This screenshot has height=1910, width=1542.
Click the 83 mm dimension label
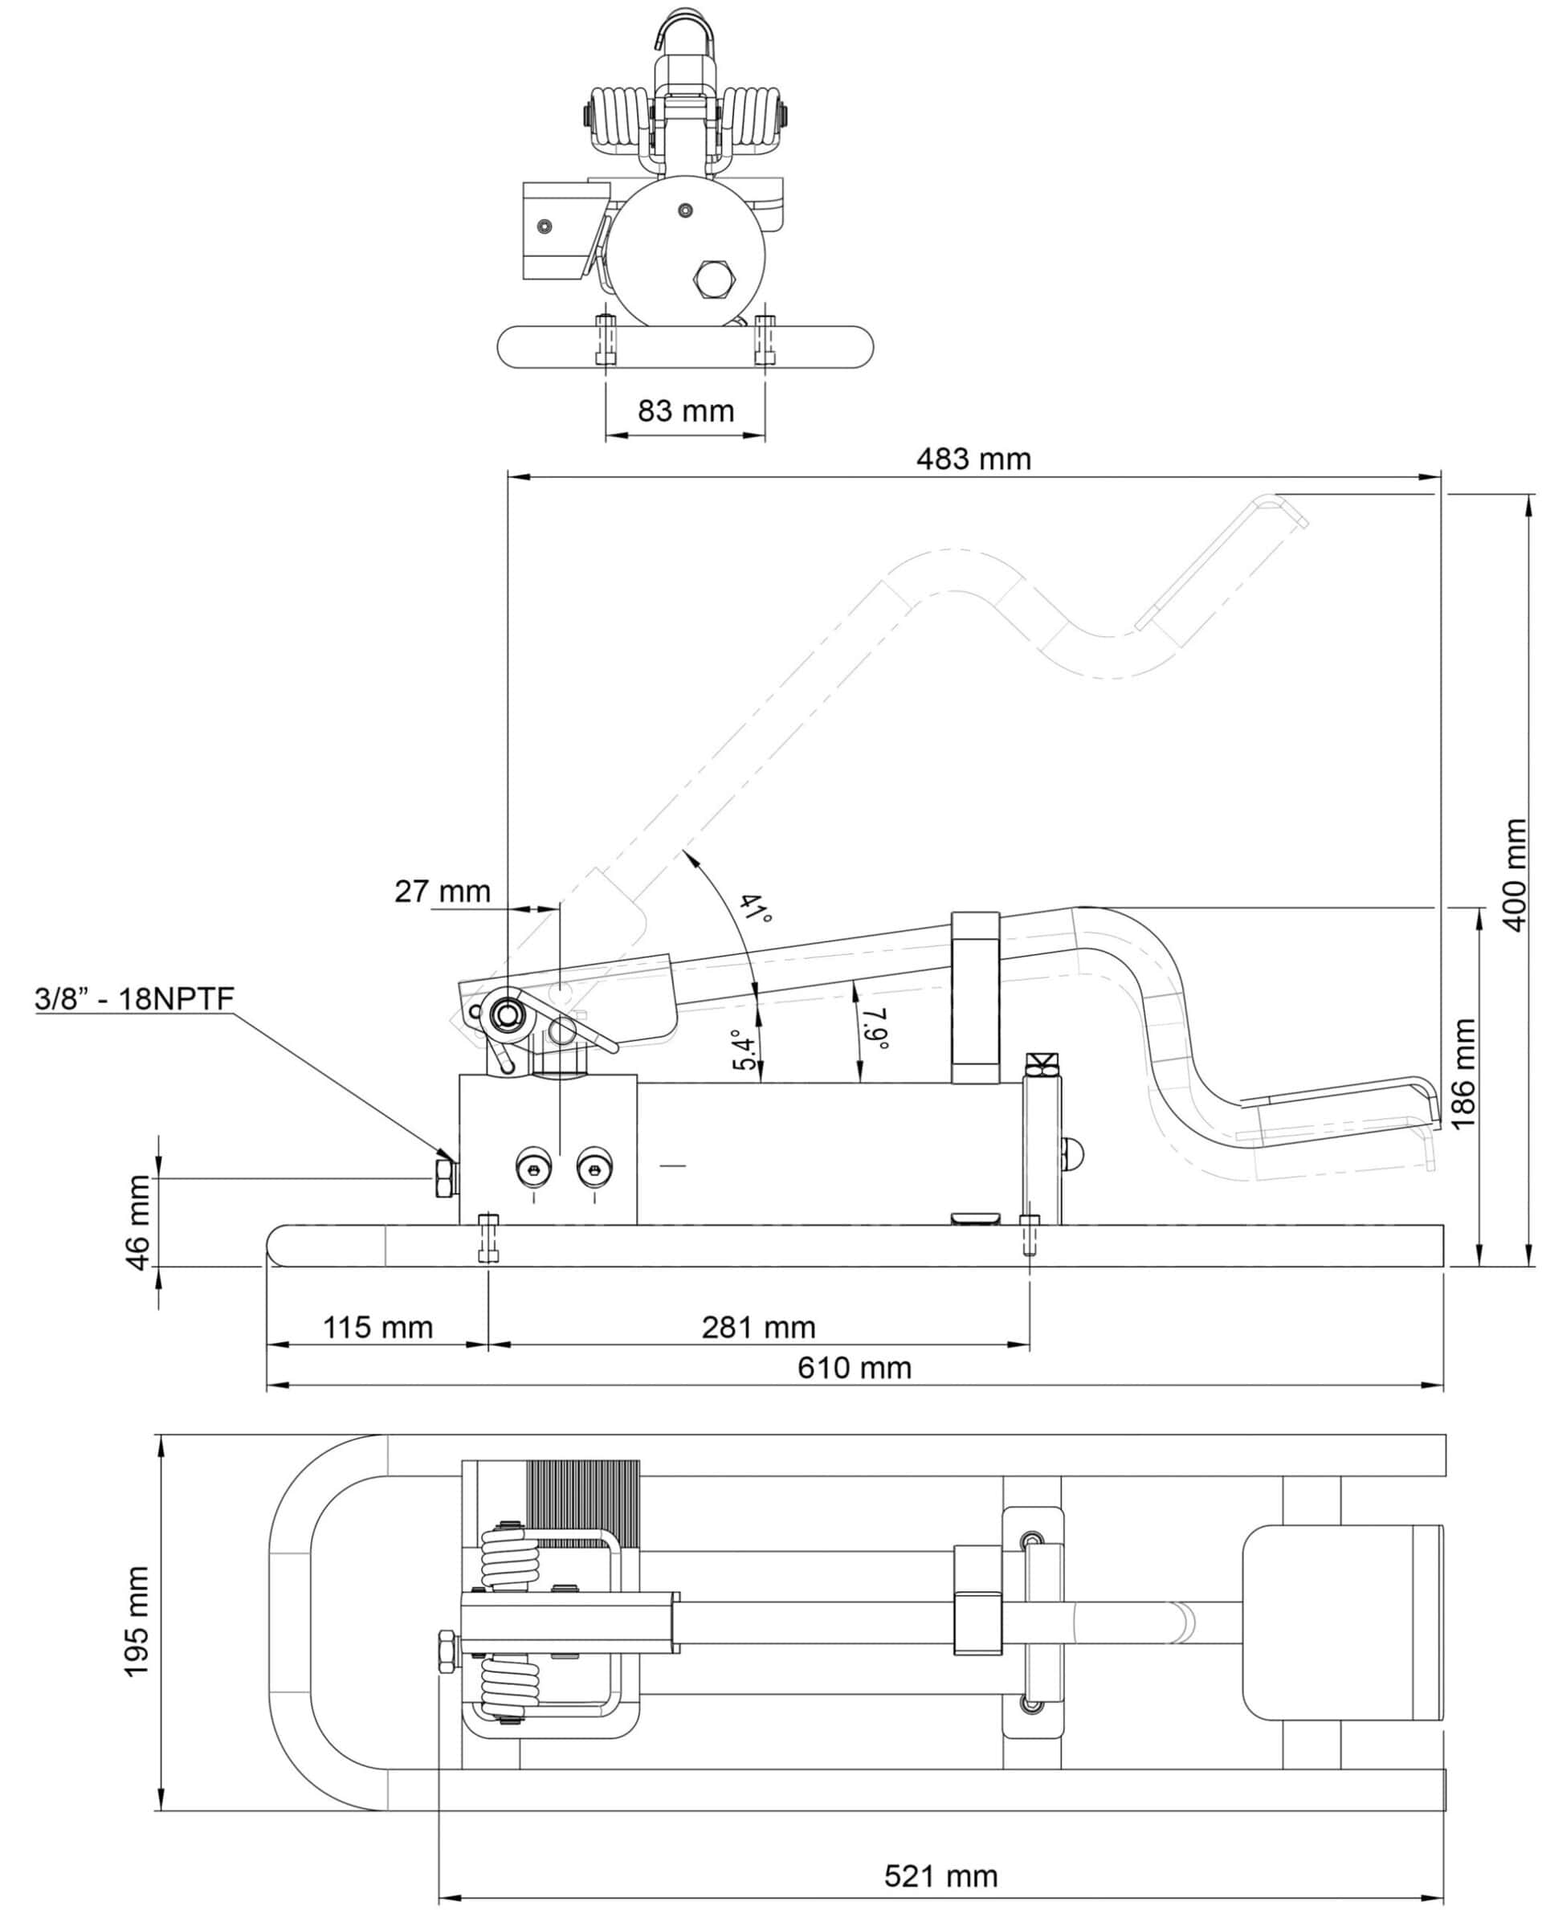tap(686, 411)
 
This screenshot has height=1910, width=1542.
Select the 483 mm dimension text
tap(973, 459)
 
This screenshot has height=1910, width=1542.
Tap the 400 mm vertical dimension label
tap(1514, 875)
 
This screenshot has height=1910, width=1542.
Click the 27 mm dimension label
tap(443, 891)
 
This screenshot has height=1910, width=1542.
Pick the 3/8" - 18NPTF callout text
tap(134, 998)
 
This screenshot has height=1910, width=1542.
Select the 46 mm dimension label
tap(140, 1222)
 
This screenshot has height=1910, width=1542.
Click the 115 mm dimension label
tap(377, 1327)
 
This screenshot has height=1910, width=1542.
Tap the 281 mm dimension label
tap(759, 1327)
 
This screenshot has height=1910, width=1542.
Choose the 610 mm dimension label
tap(855, 1367)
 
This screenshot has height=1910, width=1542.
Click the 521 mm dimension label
tap(940, 1876)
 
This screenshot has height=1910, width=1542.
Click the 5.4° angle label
tap(746, 1050)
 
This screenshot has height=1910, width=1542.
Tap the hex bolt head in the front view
tap(713, 280)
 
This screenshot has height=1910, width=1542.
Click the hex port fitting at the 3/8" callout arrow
tap(443, 1178)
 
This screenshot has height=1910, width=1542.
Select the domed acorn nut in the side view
tap(1073, 1154)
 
